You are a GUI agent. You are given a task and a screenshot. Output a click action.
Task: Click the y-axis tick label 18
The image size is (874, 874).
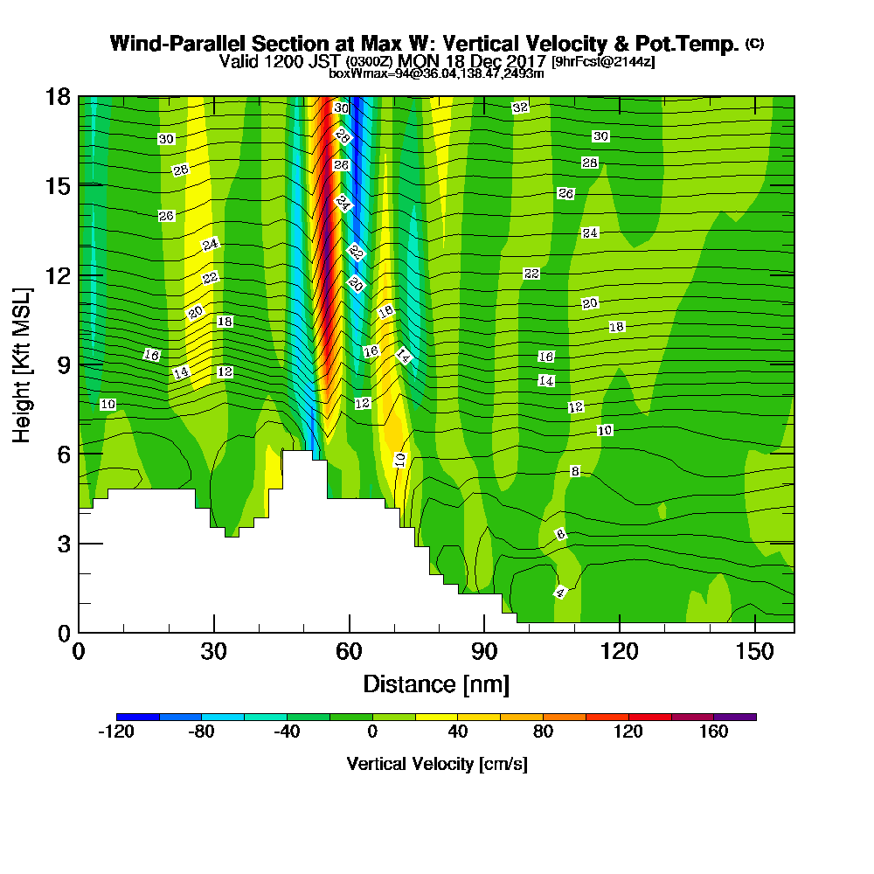click(57, 97)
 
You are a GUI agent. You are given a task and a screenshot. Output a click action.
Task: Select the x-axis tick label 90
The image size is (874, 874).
click(484, 652)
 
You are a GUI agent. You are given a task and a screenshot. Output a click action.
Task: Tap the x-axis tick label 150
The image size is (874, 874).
click(753, 652)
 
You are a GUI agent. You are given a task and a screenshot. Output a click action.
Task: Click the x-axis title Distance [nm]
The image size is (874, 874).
click(436, 683)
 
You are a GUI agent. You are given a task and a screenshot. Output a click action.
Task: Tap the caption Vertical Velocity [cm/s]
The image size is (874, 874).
click(436, 764)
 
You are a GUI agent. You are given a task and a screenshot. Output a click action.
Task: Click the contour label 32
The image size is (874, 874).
click(520, 108)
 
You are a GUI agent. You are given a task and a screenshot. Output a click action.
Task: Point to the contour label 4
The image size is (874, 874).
click(560, 593)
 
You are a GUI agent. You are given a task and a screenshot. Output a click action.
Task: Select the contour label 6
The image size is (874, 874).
click(561, 534)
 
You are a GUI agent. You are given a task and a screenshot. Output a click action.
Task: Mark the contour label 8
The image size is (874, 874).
click(574, 471)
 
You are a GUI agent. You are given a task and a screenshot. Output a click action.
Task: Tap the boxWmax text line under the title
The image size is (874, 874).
click(436, 73)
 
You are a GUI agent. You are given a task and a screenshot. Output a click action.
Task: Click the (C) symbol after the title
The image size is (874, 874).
click(754, 44)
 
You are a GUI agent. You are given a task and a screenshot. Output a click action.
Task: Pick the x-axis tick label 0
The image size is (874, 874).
click(79, 652)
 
